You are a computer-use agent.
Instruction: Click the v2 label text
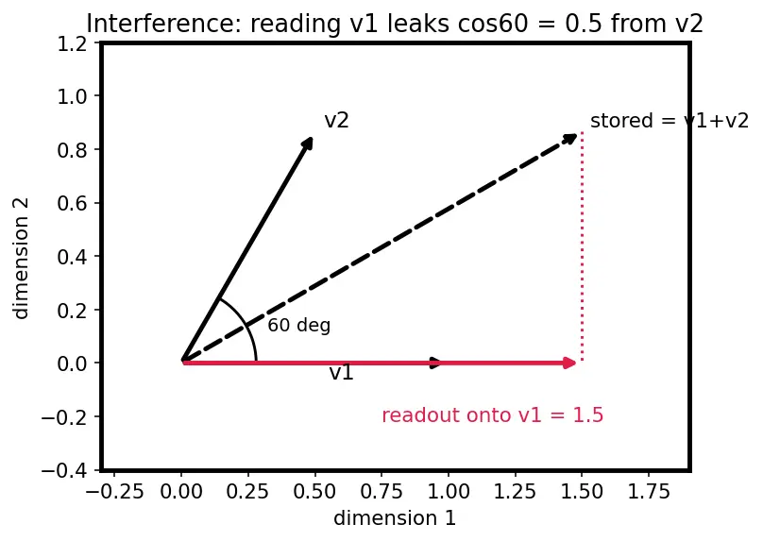coord(337,121)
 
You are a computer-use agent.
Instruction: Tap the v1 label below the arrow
coord(341,373)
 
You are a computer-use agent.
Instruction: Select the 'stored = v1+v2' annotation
coord(670,121)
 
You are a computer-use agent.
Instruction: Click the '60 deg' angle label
coord(299,325)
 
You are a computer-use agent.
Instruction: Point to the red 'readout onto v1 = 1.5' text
coord(492,415)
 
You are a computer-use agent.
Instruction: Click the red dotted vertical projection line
coord(582,246)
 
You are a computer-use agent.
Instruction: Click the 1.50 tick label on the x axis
coord(582,492)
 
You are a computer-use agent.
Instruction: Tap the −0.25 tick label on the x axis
coord(115,492)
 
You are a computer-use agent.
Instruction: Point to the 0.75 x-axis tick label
coord(382,492)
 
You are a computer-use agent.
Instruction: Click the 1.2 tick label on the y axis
coord(72,44)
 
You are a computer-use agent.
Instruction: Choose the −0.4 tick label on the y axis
coord(64,470)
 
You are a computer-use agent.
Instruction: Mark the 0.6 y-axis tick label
coord(72,203)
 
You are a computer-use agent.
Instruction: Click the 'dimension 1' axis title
coord(395,518)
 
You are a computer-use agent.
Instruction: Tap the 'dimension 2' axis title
coord(22,258)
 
